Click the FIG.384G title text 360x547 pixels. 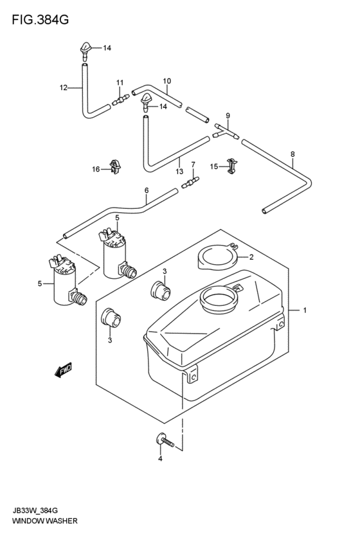[x=40, y=20]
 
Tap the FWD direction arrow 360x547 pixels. [x=64, y=370]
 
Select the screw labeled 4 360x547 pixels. [x=164, y=440]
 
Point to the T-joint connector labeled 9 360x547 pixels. [x=226, y=132]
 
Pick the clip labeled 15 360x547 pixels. [x=232, y=166]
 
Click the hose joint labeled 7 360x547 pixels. [x=190, y=182]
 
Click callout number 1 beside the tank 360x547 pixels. [x=305, y=310]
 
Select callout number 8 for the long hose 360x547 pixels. [x=292, y=154]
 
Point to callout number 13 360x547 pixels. [x=179, y=171]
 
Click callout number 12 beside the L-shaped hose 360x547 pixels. [x=63, y=87]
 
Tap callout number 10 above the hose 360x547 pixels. [x=166, y=81]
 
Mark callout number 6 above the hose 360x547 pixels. [x=147, y=190]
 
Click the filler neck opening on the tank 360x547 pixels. [x=219, y=300]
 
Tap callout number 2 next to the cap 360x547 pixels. [x=251, y=258]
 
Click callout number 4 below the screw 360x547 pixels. [x=160, y=459]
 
